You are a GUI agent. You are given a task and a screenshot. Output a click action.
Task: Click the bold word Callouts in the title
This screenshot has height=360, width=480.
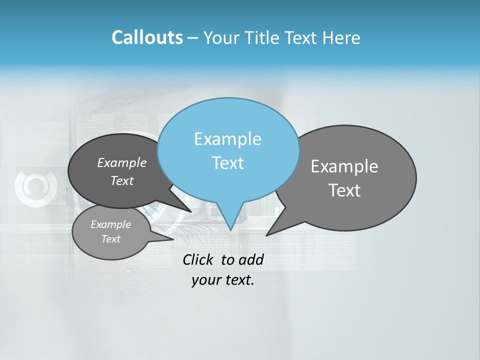(x=147, y=38)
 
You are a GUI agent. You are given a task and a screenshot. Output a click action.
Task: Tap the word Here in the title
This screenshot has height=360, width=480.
(x=342, y=38)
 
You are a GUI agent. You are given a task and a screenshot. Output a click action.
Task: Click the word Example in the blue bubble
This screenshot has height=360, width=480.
(x=227, y=139)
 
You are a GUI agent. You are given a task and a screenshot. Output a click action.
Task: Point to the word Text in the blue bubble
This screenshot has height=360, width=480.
(x=227, y=163)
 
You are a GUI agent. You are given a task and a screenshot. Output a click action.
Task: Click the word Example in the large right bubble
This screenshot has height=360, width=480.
(x=344, y=166)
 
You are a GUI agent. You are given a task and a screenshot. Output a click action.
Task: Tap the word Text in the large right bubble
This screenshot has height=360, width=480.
(x=344, y=190)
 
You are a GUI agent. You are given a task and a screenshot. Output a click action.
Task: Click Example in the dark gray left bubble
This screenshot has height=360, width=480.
(x=122, y=162)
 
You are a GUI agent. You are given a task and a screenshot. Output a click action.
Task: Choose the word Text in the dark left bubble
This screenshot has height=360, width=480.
(x=122, y=181)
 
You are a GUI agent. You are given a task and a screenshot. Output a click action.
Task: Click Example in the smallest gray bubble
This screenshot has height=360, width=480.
(x=111, y=224)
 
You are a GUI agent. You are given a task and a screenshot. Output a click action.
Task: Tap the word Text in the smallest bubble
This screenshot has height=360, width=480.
(x=111, y=239)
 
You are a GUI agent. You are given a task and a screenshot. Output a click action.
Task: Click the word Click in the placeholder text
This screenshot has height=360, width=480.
(x=197, y=259)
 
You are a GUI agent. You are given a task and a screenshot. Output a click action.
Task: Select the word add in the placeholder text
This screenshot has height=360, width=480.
(x=251, y=259)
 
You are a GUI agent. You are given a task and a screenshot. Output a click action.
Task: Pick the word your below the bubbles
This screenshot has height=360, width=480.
(x=206, y=280)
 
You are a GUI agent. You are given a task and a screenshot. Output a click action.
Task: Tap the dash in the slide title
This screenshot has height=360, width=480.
(x=193, y=38)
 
